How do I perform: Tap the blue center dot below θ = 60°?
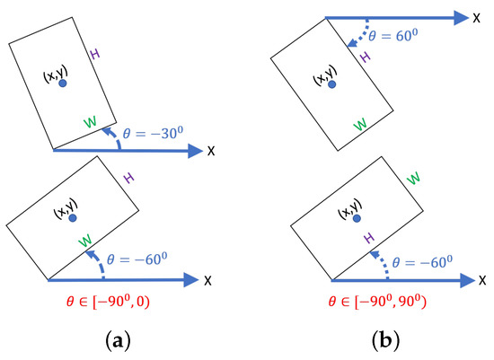pos(332,84)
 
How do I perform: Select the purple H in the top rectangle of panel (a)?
pos(94,55)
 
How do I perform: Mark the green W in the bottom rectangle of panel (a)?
pos(84,241)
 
